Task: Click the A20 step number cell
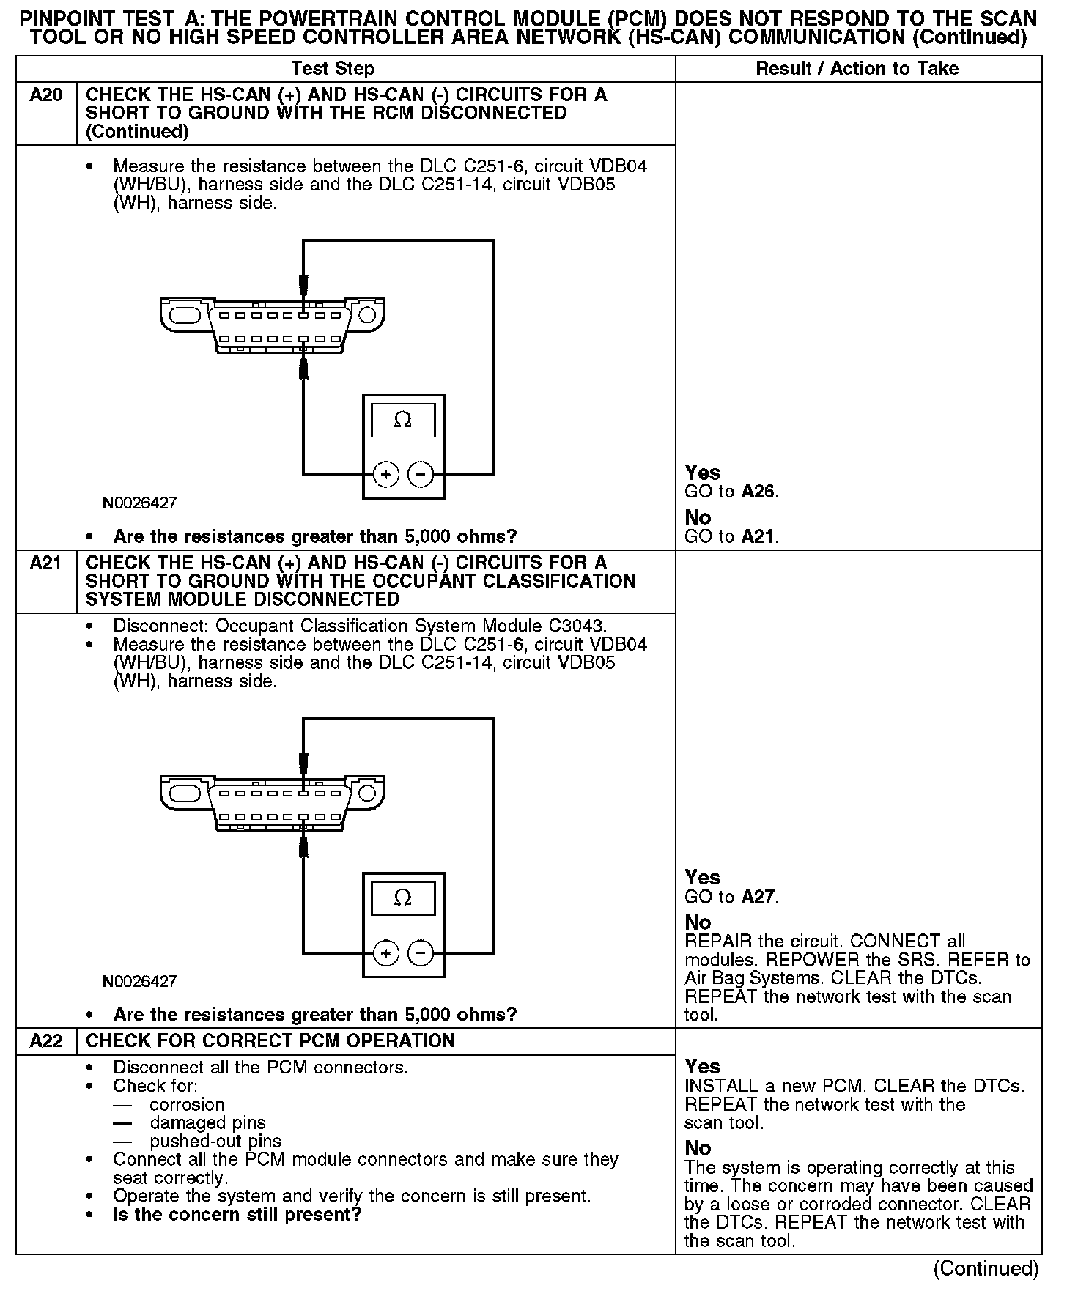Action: click(46, 95)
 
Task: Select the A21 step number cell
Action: click(46, 563)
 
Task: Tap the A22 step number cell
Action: click(46, 1041)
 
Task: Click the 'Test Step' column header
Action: click(333, 69)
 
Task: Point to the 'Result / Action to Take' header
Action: click(857, 69)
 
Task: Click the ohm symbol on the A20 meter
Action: click(402, 420)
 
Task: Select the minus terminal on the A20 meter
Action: click(421, 475)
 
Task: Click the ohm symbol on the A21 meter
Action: click(402, 898)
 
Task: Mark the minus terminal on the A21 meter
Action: click(421, 953)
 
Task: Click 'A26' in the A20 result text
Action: click(758, 492)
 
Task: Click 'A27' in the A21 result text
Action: click(758, 897)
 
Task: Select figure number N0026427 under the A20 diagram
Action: click(139, 503)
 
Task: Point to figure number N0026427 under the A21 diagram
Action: click(139, 981)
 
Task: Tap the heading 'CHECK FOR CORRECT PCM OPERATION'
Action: click(270, 1041)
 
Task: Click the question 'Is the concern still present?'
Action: click(237, 1215)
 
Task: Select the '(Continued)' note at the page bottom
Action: click(986, 1268)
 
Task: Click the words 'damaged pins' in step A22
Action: click(207, 1123)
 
